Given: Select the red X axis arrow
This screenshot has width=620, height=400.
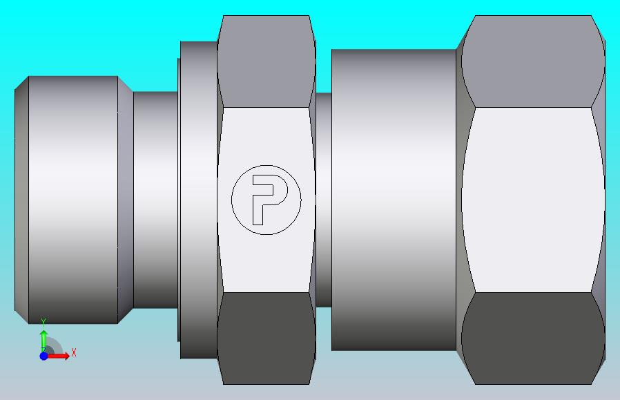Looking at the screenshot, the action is (x=57, y=356).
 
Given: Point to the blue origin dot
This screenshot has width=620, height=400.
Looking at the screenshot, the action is (x=43, y=356).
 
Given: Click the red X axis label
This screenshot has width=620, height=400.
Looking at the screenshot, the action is (x=74, y=352).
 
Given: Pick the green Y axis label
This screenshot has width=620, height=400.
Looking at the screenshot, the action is (x=44, y=323).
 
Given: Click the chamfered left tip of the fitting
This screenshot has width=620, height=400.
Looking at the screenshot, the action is (x=21, y=200).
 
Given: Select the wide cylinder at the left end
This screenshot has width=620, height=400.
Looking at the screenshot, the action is (x=73, y=200).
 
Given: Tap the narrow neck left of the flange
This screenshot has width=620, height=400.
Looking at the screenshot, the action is (x=155, y=200).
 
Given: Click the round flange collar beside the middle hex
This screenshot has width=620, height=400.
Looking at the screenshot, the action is (x=198, y=200).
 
